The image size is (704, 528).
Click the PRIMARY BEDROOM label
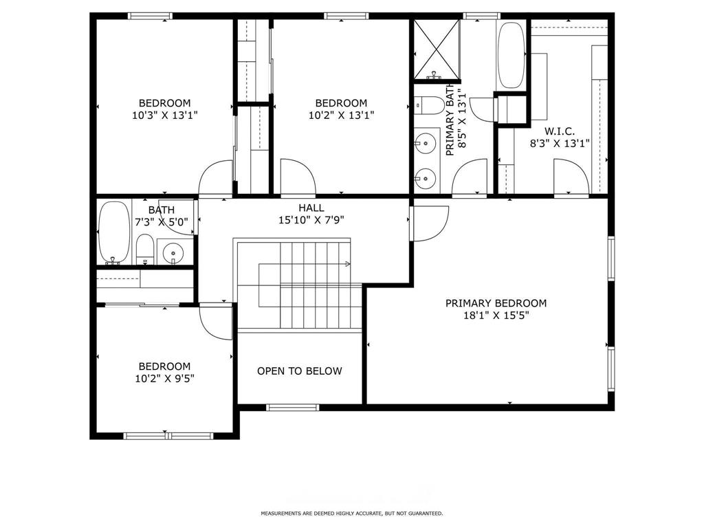[x=496, y=303]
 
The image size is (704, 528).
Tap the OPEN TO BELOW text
[x=299, y=371]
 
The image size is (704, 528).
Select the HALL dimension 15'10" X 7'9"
[x=311, y=221]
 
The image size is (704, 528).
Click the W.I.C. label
[x=559, y=131]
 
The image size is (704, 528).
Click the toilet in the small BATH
[x=145, y=249]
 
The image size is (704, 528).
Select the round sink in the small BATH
[x=173, y=252]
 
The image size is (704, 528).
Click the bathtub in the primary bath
[x=510, y=56]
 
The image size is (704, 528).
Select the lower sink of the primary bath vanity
[x=426, y=177]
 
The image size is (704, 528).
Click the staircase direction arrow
[x=347, y=263]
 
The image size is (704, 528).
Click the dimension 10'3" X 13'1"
[x=164, y=115]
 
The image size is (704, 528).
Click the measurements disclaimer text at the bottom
[x=351, y=514]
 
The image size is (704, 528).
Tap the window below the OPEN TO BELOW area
[x=293, y=408]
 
